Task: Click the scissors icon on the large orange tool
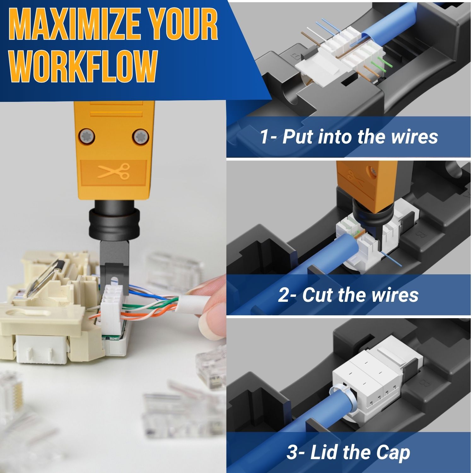pyautogui.click(x=114, y=172)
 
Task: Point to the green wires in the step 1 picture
pyautogui.click(x=380, y=65)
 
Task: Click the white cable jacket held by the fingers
pyautogui.click(x=192, y=305)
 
